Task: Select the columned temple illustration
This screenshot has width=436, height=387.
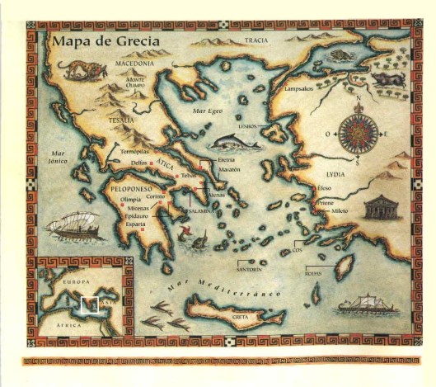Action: [382, 208]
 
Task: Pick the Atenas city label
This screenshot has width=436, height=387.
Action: [217, 195]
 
